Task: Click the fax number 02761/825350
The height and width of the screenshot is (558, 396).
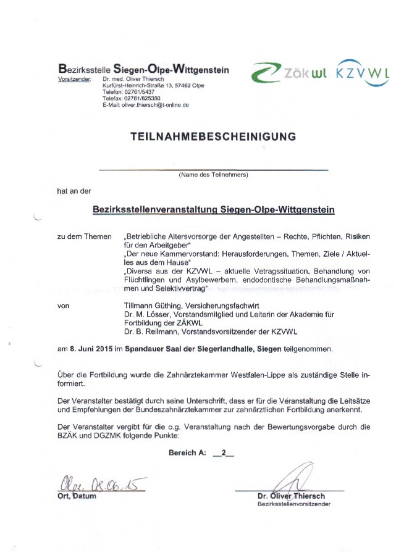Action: [x=142, y=98]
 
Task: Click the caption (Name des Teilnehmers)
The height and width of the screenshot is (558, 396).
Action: [x=213, y=175]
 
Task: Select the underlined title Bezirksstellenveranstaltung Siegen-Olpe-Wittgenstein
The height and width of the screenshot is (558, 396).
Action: [x=213, y=210]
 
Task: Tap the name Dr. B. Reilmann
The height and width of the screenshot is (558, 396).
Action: [x=149, y=330]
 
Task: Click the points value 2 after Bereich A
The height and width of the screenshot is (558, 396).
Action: [x=223, y=453]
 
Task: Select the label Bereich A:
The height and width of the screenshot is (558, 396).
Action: [x=187, y=453]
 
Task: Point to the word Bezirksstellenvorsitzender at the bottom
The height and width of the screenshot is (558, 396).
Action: [x=293, y=504]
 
